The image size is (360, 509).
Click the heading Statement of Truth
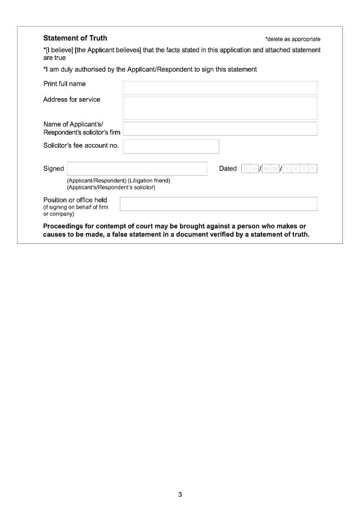point(75,38)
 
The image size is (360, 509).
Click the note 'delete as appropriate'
point(293,39)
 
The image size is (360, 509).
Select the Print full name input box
point(220,88)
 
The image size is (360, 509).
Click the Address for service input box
point(220,108)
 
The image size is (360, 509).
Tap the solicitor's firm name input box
point(220,129)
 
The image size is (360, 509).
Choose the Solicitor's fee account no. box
point(171,146)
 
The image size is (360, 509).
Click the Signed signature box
point(137,169)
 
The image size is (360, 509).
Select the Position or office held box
point(218,204)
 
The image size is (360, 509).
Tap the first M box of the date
point(266,169)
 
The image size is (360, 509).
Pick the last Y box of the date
point(313,169)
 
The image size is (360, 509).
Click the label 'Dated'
point(228,169)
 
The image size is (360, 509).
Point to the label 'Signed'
point(54,169)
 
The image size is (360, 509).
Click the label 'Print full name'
point(64,84)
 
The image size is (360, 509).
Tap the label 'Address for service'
point(72,99)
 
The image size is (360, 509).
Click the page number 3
point(180,495)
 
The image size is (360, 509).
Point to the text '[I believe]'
point(58,50)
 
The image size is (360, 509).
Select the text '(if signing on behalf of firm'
point(76,207)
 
